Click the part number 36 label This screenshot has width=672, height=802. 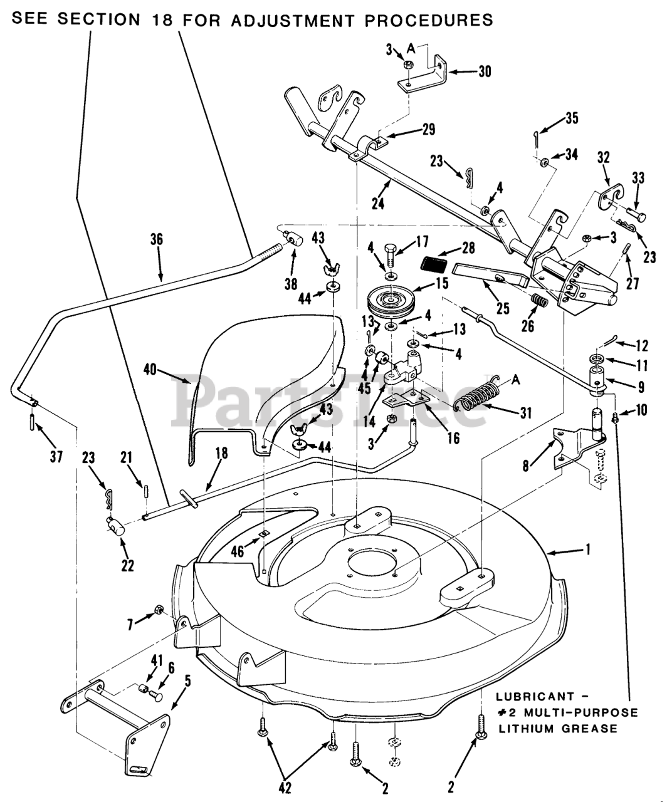[157, 239]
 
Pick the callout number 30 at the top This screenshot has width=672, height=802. [484, 71]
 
